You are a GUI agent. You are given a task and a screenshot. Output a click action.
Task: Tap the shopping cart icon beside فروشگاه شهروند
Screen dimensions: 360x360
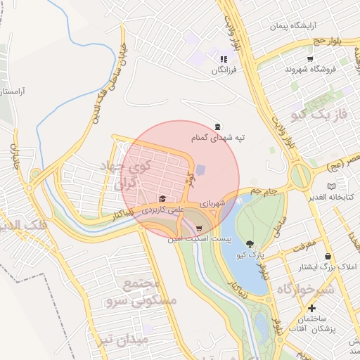point(310,58)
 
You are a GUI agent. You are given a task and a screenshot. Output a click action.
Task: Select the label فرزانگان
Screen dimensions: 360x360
point(224,71)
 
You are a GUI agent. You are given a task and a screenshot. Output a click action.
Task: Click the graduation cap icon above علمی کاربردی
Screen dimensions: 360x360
point(163,199)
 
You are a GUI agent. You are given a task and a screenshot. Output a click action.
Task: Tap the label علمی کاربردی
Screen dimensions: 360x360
point(162,210)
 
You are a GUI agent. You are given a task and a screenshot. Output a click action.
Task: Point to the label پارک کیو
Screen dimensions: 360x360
point(251,254)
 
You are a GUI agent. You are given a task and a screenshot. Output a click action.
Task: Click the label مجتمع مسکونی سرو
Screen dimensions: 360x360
point(150,292)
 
